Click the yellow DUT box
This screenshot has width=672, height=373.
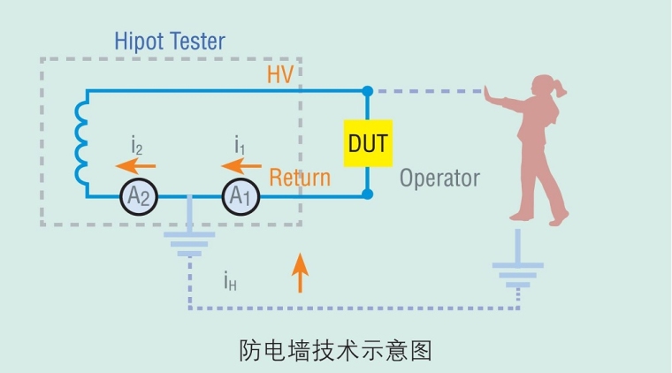pos(368,144)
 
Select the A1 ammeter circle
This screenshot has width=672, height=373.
pos(240,196)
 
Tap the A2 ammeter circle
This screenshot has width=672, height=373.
pos(139,196)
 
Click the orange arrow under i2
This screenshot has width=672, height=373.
pos(137,165)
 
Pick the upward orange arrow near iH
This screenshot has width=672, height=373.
pos(301,272)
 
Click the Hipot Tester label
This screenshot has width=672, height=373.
pos(170,41)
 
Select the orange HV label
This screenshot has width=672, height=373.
pos(280,75)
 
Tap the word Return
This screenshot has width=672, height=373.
pos(300,177)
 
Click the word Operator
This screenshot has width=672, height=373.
pos(439,178)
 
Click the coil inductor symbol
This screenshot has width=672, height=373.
pos(81,144)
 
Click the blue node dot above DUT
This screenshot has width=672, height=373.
pos(368,90)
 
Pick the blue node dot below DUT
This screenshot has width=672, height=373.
pos(368,195)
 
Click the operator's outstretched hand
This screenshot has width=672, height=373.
pos(488,91)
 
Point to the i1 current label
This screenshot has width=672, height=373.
pos(240,143)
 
